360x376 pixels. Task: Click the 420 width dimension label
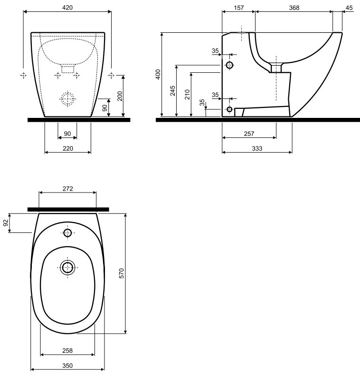click(x=67, y=8)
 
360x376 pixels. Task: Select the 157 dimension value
click(x=239, y=8)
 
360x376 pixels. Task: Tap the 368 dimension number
click(x=294, y=8)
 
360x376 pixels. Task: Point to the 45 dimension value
click(x=349, y=8)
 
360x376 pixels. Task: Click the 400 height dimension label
click(x=158, y=74)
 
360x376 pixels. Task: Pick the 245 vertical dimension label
click(x=173, y=91)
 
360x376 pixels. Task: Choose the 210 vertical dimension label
click(x=187, y=95)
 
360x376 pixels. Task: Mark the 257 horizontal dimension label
click(x=249, y=134)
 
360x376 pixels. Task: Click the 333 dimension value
click(x=257, y=149)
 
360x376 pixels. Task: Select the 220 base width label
click(x=68, y=149)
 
